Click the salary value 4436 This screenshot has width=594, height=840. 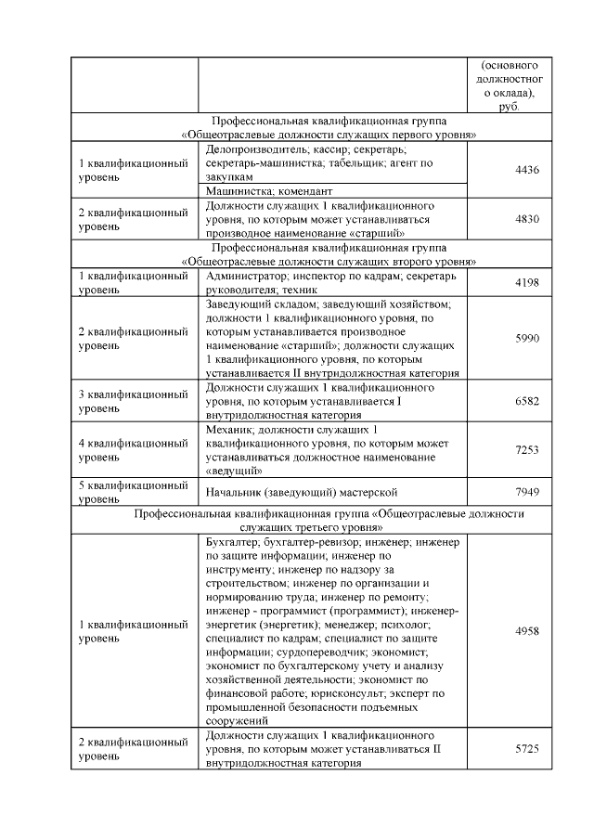pos(526,169)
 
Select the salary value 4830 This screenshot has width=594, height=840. pos(526,220)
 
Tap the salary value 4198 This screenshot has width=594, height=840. pos(526,282)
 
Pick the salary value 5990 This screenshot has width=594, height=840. pos(526,339)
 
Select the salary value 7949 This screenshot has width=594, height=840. pos(526,491)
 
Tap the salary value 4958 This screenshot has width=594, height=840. pos(526,630)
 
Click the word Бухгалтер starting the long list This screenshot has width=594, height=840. pos(231,541)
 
